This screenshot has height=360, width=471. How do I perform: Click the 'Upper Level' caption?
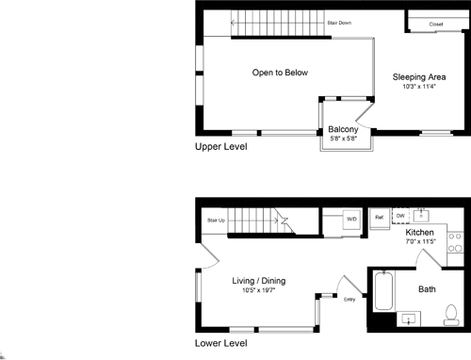click(x=220, y=147)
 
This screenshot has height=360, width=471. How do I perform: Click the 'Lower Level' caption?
click(x=220, y=345)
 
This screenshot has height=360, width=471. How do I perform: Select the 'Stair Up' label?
click(x=216, y=221)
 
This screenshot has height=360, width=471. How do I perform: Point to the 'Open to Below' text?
click(x=280, y=73)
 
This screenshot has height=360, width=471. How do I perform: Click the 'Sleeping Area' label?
click(x=419, y=75)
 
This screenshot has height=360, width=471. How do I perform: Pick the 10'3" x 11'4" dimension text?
click(x=419, y=87)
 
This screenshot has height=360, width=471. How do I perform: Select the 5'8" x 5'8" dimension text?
click(x=343, y=139)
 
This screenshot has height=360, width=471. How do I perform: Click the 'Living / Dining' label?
click(x=259, y=280)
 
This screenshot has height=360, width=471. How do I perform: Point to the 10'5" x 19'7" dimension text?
click(x=259, y=290)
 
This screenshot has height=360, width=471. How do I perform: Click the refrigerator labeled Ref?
click(x=379, y=217)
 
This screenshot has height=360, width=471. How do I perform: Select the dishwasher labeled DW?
click(x=399, y=216)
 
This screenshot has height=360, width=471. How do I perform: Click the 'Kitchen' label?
click(x=419, y=232)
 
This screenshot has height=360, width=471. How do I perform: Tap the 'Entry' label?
click(x=349, y=300)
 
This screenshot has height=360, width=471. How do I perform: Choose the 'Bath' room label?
click(x=426, y=289)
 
